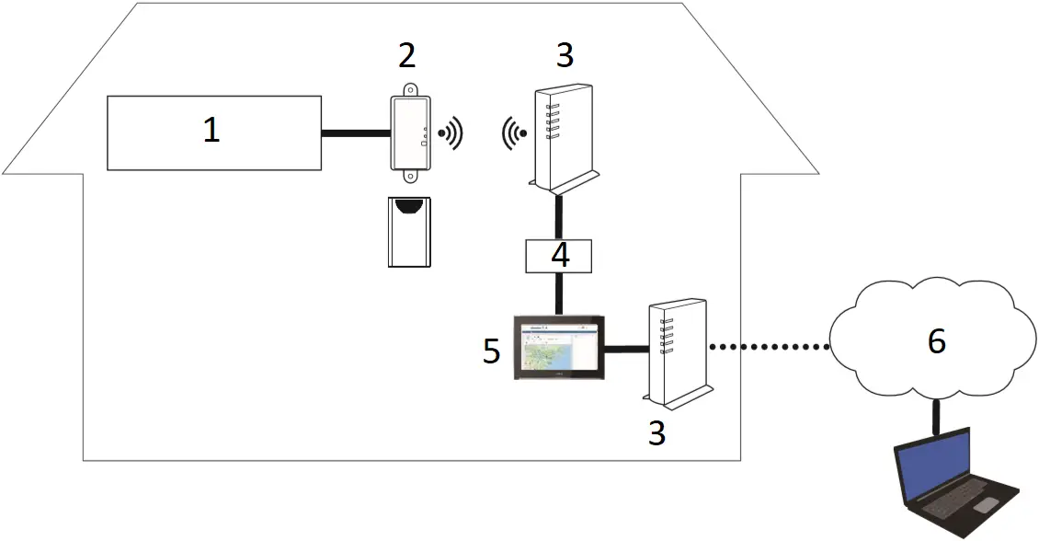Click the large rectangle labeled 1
tap(213, 132)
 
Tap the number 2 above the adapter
tap(406, 55)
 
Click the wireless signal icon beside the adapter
tap(451, 134)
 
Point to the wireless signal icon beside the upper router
tap(514, 134)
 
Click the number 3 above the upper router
tap(565, 55)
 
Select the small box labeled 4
tap(560, 255)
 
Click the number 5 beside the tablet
tap(492, 351)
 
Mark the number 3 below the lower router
tap(656, 432)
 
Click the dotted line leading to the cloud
tap(769, 347)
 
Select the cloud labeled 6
tap(934, 340)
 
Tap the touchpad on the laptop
tap(986, 505)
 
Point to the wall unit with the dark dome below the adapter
tap(409, 231)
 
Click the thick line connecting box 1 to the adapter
tap(356, 134)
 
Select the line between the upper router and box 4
tap(559, 216)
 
